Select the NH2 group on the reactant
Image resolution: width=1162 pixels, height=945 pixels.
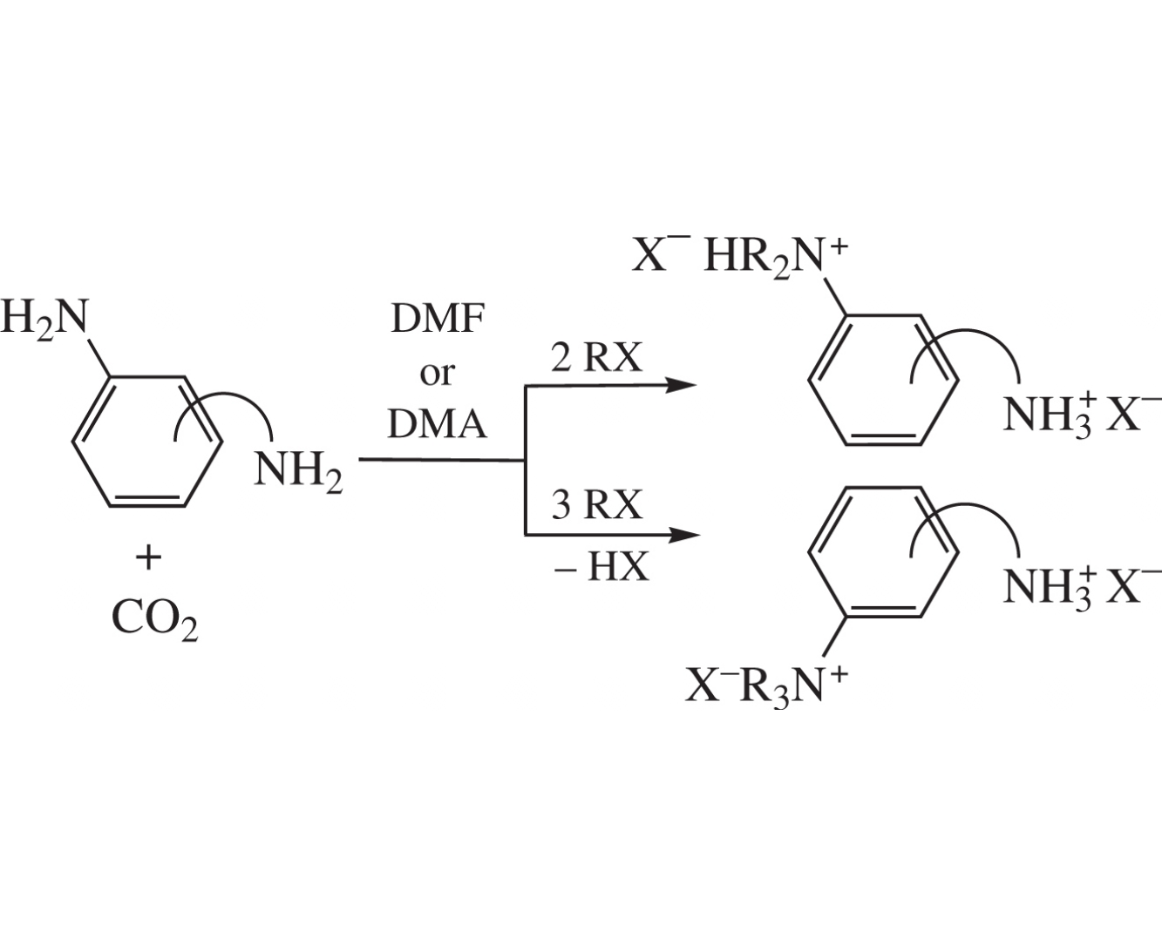tap(298, 472)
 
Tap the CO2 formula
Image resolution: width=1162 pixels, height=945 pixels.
tap(154, 619)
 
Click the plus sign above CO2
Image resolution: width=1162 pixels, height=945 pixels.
tap(148, 558)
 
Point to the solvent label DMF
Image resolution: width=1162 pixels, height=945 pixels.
tap(438, 320)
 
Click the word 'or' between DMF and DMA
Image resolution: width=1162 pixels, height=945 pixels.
tap(437, 374)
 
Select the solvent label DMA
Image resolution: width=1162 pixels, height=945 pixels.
tap(437, 424)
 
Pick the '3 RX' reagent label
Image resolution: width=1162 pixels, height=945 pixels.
tap(597, 504)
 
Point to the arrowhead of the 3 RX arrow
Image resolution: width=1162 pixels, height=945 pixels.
tap(684, 535)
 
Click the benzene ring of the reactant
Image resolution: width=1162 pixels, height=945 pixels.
tap(147, 442)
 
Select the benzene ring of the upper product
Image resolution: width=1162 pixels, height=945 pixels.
tap(883, 380)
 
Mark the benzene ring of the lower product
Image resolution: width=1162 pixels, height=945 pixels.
tap(883, 551)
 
